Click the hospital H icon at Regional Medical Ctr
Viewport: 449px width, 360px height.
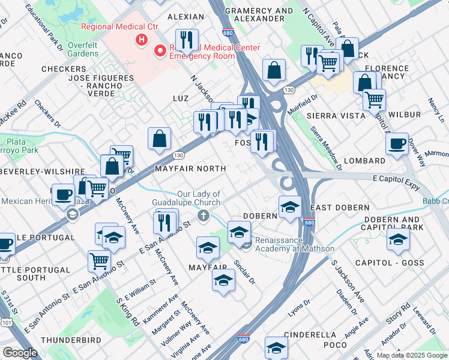(x=142, y=40)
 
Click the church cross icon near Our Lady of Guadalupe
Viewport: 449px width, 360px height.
(x=204, y=215)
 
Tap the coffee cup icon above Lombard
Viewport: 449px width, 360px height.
(x=397, y=144)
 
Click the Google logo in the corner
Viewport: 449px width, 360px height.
(x=20, y=353)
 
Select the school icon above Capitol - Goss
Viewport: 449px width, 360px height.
(x=397, y=240)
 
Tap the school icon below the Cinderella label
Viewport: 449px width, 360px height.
(x=276, y=347)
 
